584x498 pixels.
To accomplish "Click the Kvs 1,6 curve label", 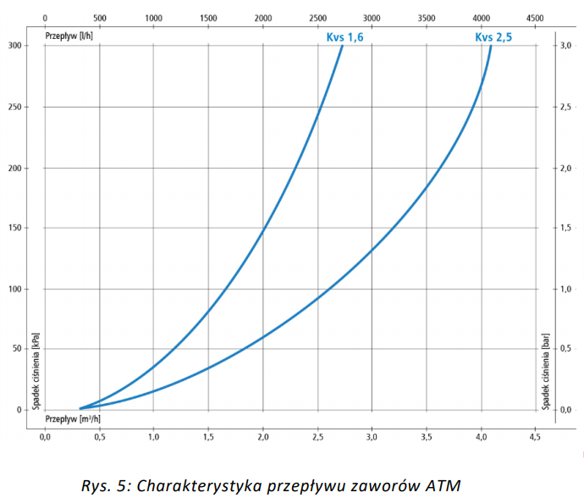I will (x=344, y=37).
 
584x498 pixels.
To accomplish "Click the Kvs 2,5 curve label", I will (x=494, y=37).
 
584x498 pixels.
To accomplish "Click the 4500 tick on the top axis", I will (x=535, y=18).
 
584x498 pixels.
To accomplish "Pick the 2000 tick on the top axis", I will (x=262, y=18).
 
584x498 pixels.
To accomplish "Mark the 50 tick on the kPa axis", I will (x=19, y=349).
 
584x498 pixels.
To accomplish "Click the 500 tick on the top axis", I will (x=99, y=18).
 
